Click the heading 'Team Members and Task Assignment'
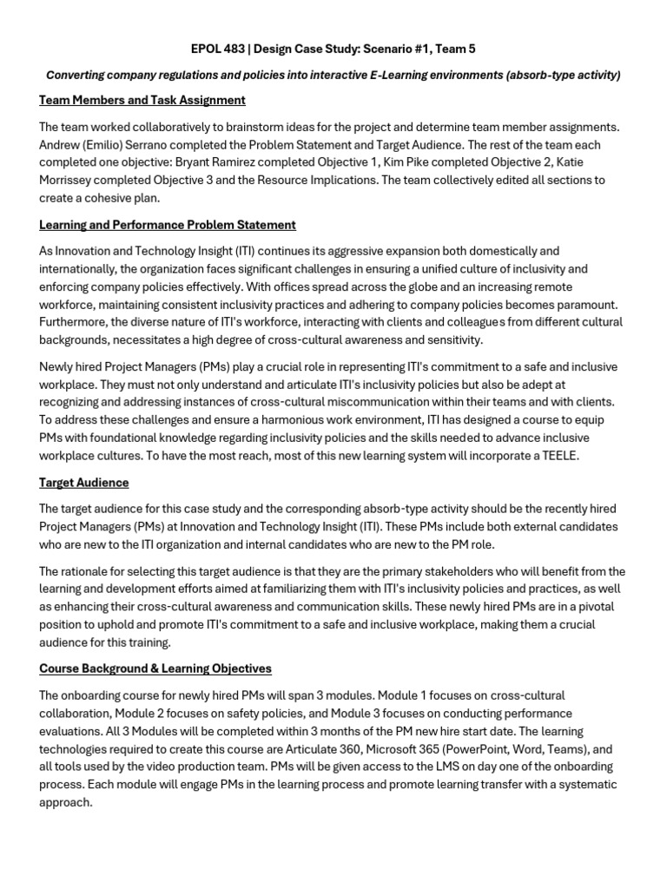[x=142, y=100]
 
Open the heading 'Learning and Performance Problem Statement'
[x=168, y=225]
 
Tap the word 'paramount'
[x=586, y=304]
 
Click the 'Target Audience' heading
[x=84, y=482]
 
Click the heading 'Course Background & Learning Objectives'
[x=155, y=668]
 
